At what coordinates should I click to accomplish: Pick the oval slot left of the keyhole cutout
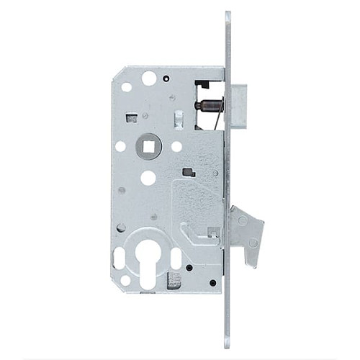pos(120,257)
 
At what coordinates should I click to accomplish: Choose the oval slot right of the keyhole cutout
pos(176,258)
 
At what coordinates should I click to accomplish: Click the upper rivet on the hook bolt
pos(242,221)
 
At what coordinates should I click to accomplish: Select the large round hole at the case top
pos(149,78)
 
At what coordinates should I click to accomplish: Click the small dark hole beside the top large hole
pos(166,78)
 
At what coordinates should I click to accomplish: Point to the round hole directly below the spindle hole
pos(148,178)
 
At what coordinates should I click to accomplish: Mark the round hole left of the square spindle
pos(120,146)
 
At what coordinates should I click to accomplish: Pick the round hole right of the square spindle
pos(176,146)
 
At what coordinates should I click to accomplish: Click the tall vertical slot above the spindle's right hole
pos(178,119)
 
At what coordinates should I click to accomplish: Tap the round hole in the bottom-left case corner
pos(125,280)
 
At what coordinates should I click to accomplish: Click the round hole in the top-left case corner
pos(127,86)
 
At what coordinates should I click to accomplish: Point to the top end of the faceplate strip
pos(228,15)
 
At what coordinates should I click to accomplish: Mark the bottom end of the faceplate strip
pos(228,344)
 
